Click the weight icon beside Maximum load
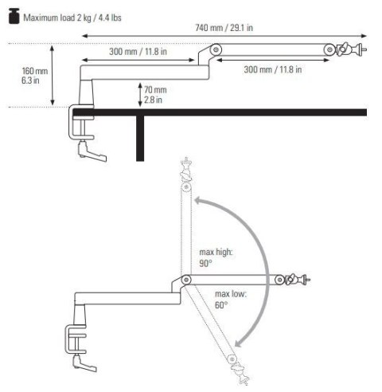pos(13,14)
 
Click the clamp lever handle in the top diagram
pos(86,147)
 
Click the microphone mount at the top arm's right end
pos(347,50)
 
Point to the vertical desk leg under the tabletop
pos(139,139)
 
